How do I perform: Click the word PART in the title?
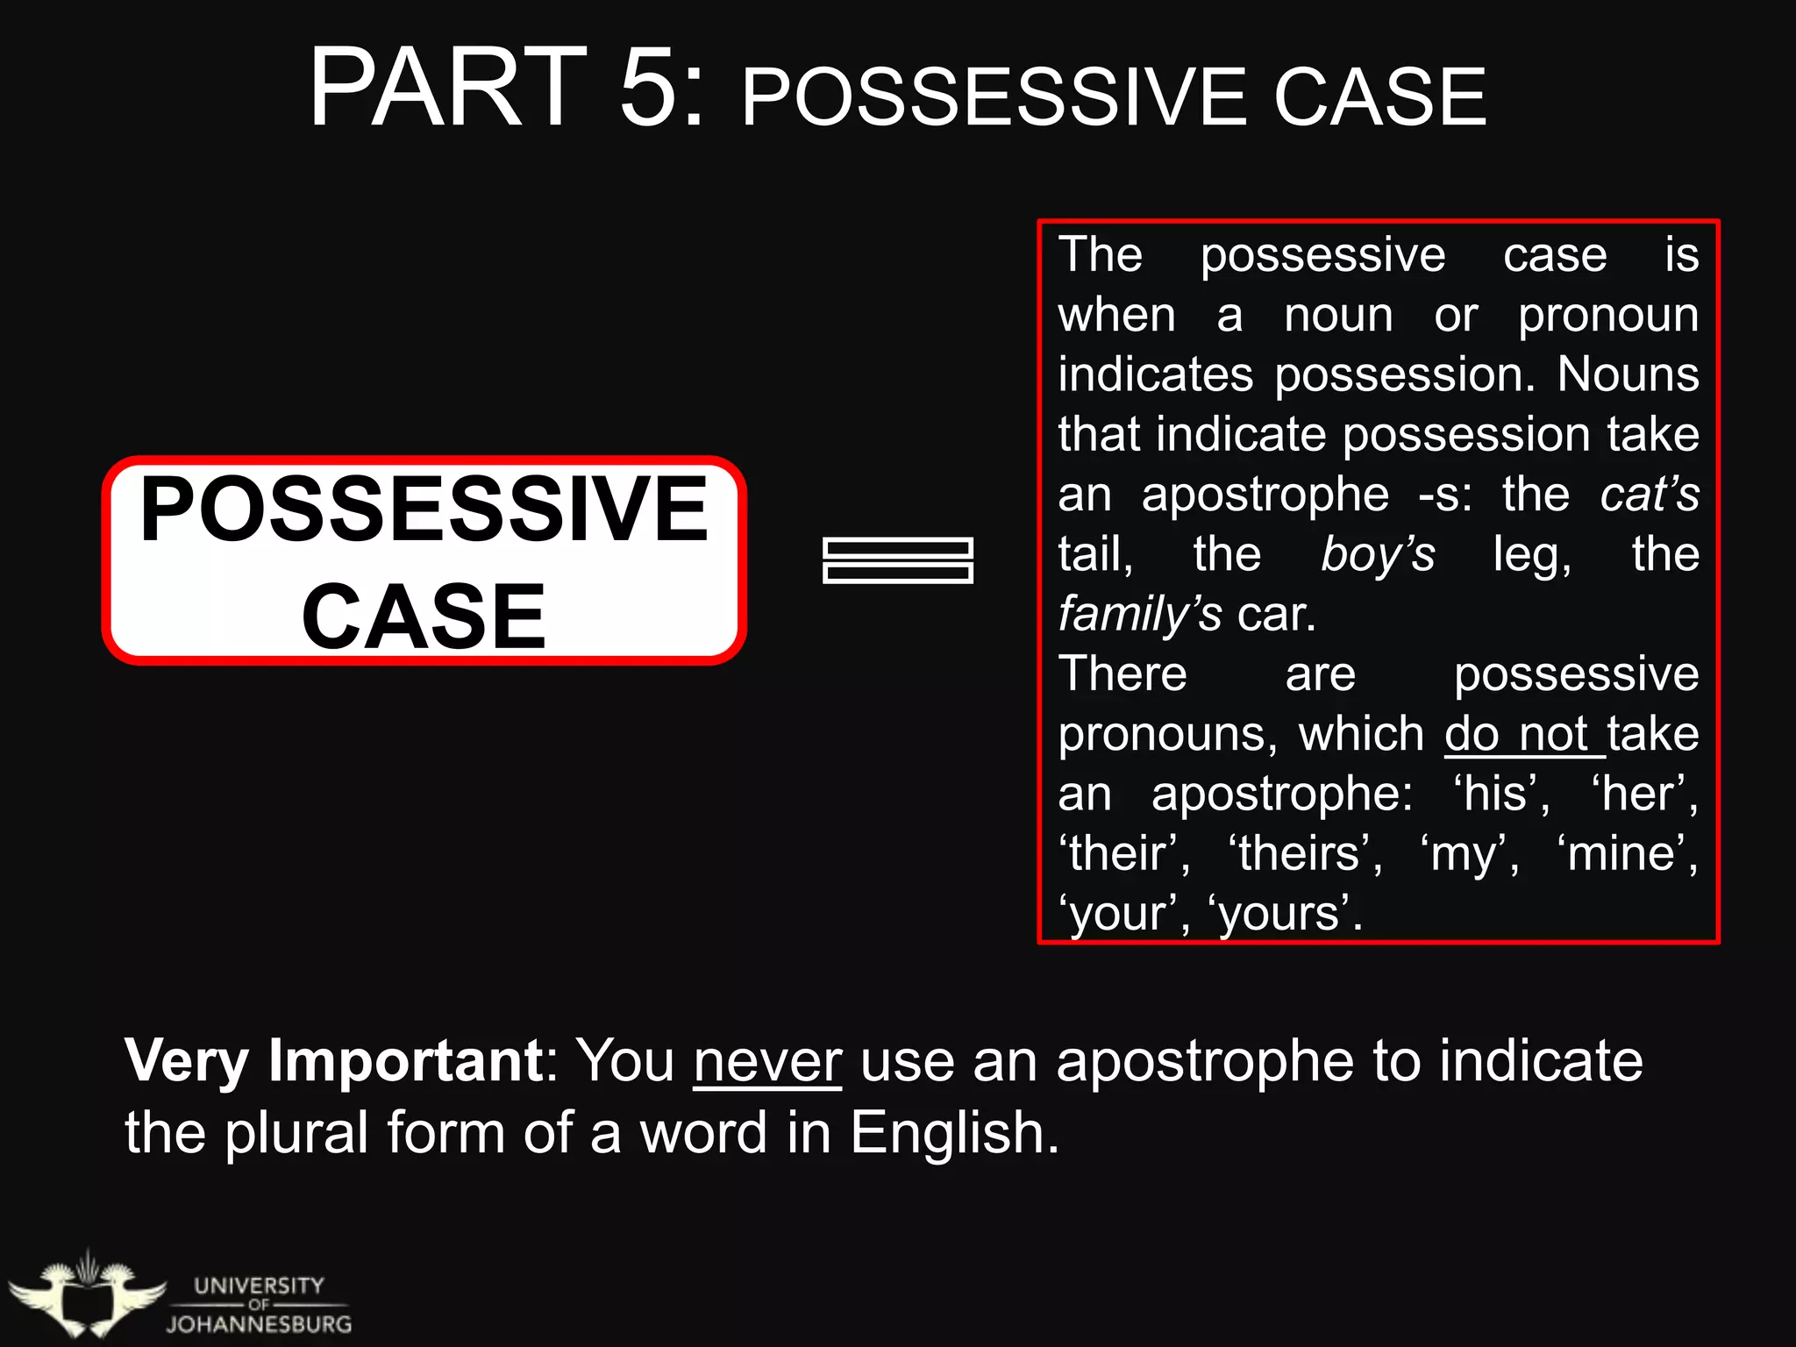(x=447, y=88)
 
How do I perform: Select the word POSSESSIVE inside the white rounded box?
(x=424, y=509)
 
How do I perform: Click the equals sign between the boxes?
(x=898, y=560)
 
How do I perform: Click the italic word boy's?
(x=1378, y=554)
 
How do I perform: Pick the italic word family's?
(x=1139, y=614)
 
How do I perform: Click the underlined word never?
(x=767, y=1061)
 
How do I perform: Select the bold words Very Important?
(x=334, y=1061)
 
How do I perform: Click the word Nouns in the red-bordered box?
(x=1628, y=374)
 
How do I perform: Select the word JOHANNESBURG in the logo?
(x=259, y=1324)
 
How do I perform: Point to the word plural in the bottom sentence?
(x=296, y=1132)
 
